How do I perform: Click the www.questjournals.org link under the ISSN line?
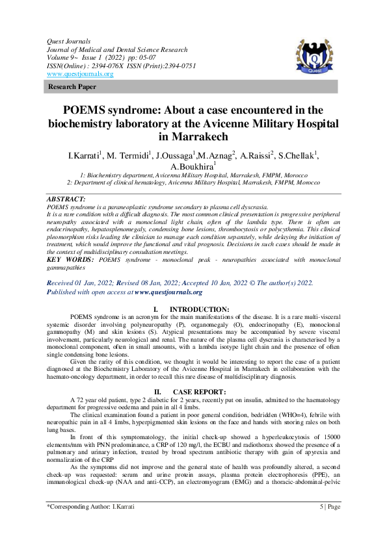(x=80, y=74)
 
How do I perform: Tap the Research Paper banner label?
(x=70, y=86)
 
